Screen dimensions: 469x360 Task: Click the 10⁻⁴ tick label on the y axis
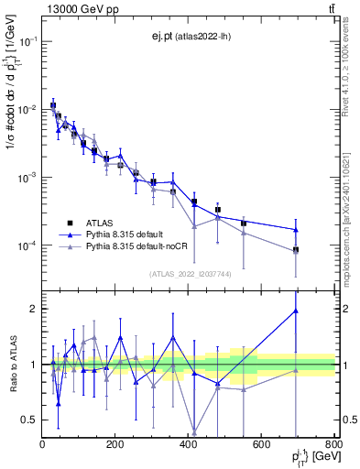[x=27, y=245]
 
